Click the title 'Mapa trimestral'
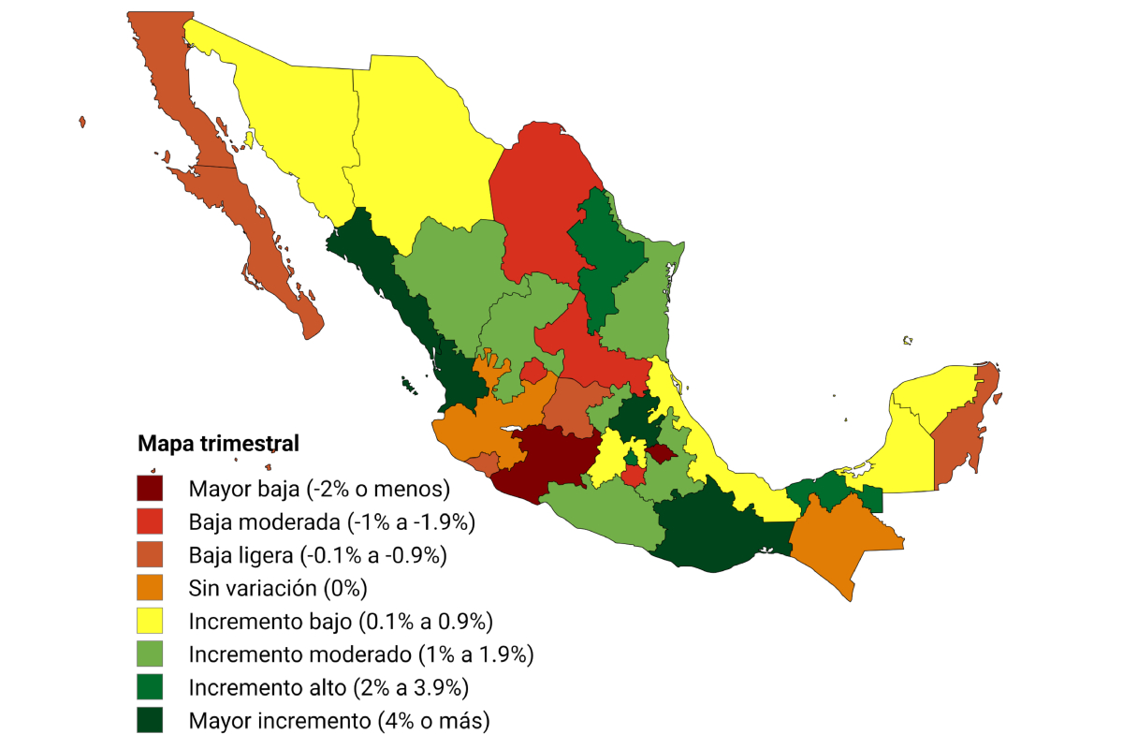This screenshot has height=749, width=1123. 218,444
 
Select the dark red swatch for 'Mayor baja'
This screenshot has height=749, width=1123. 150,488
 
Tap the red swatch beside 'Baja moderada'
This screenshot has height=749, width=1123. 150,521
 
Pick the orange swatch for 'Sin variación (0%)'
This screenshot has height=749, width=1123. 150,588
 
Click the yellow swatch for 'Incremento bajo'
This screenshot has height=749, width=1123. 150,621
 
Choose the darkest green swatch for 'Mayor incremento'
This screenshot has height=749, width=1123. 150,720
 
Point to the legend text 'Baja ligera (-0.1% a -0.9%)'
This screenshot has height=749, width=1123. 317,554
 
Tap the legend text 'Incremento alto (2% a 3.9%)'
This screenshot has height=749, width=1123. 328,687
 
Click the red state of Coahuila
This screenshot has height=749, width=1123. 538,206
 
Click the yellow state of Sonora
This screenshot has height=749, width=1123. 281,122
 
